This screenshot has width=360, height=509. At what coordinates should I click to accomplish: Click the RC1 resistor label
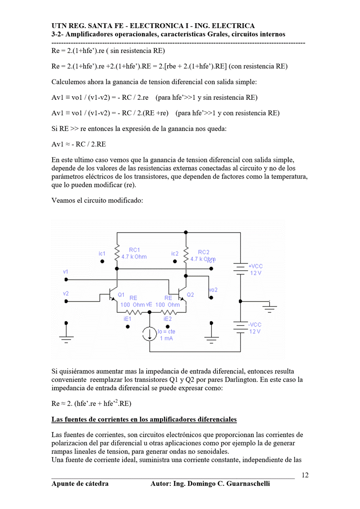tap(134, 250)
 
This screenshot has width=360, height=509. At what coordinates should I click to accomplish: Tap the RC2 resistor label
tap(204, 252)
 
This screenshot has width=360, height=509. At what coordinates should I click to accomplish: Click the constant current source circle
tap(149, 334)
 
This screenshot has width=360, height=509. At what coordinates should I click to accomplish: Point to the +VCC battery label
tap(256, 266)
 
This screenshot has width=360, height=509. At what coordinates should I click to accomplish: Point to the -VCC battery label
tap(255, 325)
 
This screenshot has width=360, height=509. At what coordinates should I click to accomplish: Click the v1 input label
tap(66, 272)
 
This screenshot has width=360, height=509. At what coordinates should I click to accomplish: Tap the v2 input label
tap(66, 294)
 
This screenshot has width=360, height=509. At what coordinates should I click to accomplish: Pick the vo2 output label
tap(213, 290)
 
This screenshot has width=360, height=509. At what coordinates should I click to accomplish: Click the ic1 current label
tap(102, 254)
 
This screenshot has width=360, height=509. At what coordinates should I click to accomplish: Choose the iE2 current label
tap(168, 319)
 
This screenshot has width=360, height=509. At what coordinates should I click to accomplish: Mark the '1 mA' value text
tap(166, 338)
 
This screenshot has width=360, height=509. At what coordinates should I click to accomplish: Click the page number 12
tap(305, 475)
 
